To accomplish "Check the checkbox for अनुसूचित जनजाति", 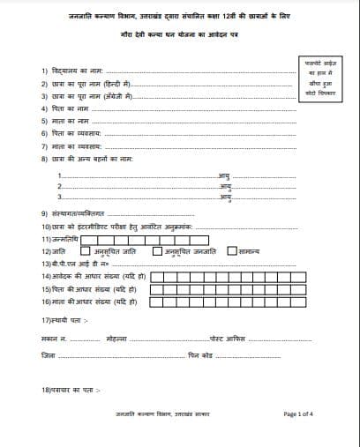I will (159, 250).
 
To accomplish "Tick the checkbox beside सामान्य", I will (232, 250).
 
